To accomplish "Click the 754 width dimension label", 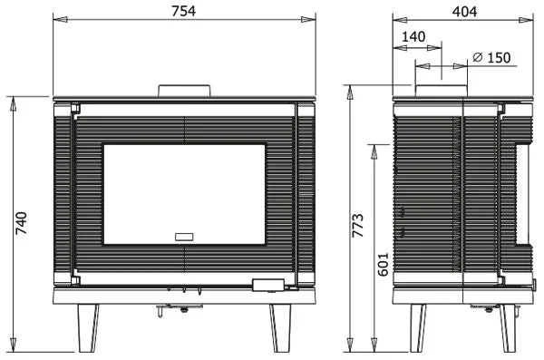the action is (183, 11).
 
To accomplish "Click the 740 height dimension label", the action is (21, 223).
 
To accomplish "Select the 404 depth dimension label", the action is (464, 12).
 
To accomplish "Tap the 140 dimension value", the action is (413, 36).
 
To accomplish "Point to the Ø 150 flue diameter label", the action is (491, 58).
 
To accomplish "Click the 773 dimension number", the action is (358, 226).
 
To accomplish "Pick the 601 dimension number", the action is (383, 264).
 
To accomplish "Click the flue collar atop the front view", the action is (184, 91).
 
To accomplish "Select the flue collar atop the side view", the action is (442, 91).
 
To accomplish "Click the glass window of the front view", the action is (184, 194).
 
